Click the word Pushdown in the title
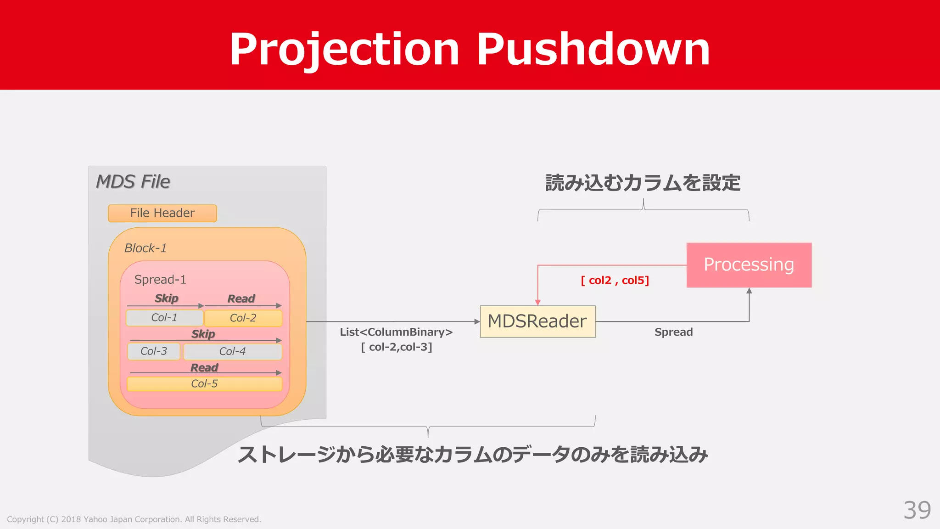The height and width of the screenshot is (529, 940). click(x=593, y=49)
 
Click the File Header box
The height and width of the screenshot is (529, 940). click(x=162, y=213)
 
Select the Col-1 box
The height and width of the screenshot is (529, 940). click(x=164, y=318)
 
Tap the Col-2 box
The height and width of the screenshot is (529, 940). click(x=243, y=318)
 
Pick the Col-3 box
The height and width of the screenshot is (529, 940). click(x=153, y=351)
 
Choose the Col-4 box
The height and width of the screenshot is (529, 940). click(x=232, y=351)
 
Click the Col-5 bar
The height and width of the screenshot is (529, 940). click(x=204, y=384)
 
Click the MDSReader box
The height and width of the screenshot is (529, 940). click(x=537, y=321)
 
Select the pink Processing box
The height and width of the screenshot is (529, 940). click(x=749, y=265)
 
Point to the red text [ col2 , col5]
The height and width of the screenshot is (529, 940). click(x=615, y=280)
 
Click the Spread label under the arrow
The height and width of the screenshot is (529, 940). click(x=673, y=332)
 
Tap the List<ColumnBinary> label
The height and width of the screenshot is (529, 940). click(x=396, y=332)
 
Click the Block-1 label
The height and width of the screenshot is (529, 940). click(x=145, y=248)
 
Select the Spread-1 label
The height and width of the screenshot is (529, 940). click(x=160, y=280)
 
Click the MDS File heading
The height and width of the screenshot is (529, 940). click(x=133, y=182)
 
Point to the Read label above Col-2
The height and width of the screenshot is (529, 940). click(x=241, y=298)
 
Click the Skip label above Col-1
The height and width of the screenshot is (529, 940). click(x=166, y=298)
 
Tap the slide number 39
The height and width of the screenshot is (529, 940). click(x=917, y=510)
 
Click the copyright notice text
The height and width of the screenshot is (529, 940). click(x=134, y=519)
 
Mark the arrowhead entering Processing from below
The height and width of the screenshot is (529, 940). click(x=749, y=291)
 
